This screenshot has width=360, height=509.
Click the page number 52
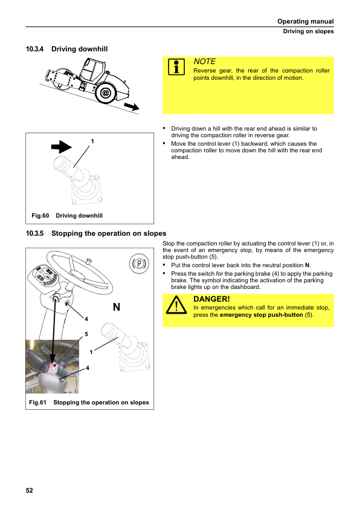pos(29,490)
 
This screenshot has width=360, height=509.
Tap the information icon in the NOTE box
pos(176,67)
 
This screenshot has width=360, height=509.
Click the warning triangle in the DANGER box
pos(176,305)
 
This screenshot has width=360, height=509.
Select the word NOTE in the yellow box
pos(204,61)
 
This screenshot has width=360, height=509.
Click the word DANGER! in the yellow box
pos(211,299)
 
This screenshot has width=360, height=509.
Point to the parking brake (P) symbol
pos(139,263)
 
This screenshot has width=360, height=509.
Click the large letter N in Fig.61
pos(117,306)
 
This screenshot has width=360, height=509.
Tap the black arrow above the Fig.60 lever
pos(61,147)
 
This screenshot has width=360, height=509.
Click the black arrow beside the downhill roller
pos(132,106)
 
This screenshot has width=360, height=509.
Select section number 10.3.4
pos(34,49)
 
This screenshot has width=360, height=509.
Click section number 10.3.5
pos(34,233)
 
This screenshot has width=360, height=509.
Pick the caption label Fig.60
pos(40,216)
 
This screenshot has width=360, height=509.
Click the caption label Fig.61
pos(37,402)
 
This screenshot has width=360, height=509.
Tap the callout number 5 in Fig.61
pos(86,334)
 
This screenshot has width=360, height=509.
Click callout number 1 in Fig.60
pos(92,141)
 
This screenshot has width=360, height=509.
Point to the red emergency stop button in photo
pos(53,366)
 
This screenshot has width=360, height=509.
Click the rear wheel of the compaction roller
pos(106,93)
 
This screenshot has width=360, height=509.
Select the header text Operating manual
pos(306,21)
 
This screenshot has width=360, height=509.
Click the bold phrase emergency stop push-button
pos(262,314)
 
